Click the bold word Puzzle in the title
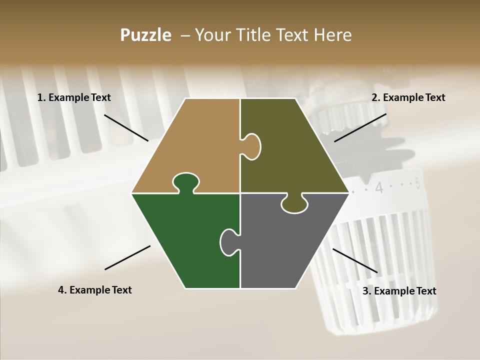[x=145, y=35]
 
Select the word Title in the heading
[x=254, y=34]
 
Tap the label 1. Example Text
[x=74, y=97]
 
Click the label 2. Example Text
[x=408, y=97]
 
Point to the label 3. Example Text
[x=399, y=290]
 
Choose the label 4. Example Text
[x=95, y=289]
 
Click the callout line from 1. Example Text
[x=126, y=128]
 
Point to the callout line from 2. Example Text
[x=360, y=127]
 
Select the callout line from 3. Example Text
[x=355, y=260]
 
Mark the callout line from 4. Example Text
[x=127, y=257]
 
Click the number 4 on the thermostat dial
[x=379, y=187]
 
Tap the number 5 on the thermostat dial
[x=417, y=183]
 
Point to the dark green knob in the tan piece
[x=186, y=183]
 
